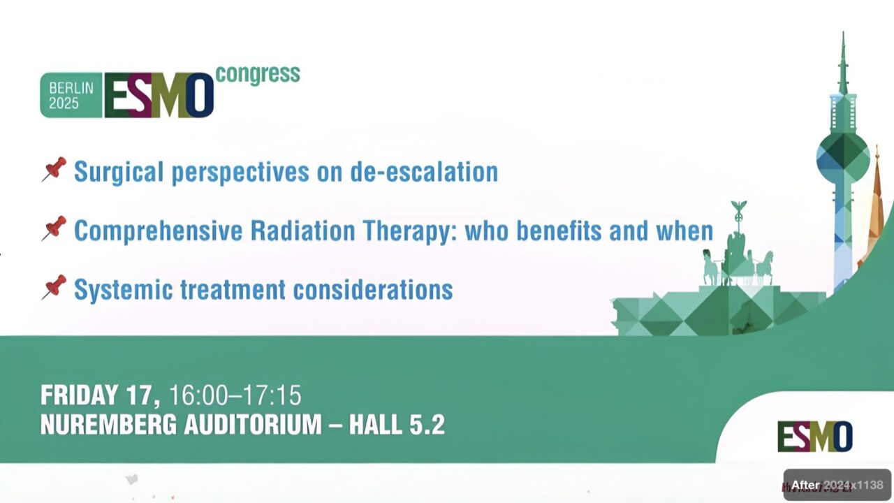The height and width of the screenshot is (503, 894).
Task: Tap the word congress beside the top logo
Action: [258, 73]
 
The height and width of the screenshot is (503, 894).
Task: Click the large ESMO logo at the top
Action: [159, 95]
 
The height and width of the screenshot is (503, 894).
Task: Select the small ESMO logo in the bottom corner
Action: [814, 437]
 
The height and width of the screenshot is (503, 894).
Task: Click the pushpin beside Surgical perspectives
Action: [54, 170]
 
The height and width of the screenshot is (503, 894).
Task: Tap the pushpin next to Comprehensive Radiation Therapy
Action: [54, 228]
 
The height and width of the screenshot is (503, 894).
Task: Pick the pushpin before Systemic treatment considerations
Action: [54, 287]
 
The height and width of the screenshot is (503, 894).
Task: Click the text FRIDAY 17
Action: [100, 395]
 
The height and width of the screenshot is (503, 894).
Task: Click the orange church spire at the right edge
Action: [877, 203]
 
